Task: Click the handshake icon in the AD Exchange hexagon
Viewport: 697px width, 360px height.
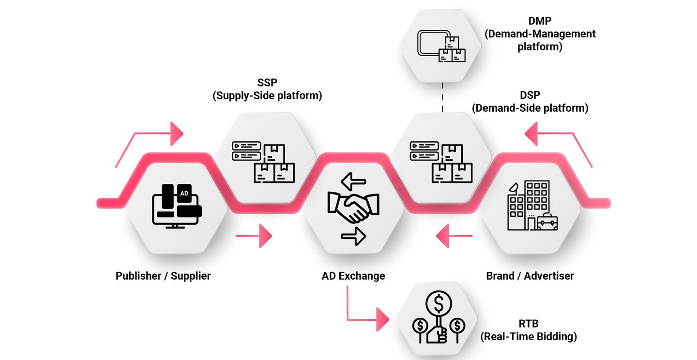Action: [353, 208]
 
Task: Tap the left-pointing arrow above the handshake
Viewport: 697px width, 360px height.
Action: [353, 182]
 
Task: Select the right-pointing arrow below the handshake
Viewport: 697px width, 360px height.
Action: [353, 236]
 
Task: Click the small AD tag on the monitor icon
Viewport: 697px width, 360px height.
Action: [184, 193]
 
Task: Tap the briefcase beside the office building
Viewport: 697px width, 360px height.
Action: [547, 222]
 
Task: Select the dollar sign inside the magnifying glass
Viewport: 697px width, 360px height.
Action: [439, 304]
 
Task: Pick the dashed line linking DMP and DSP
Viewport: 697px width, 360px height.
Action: [442, 97]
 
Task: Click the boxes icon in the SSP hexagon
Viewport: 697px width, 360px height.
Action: [263, 162]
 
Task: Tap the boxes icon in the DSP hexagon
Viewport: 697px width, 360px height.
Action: [441, 162]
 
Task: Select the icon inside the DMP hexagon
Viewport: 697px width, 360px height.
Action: [441, 46]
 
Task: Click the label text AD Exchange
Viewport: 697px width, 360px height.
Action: [353, 276]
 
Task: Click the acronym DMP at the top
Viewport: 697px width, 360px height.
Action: [540, 21]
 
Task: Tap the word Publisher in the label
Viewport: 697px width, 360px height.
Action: [138, 276]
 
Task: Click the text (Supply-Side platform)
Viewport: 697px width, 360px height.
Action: [267, 95]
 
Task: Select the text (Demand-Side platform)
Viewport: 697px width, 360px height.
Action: [530, 108]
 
